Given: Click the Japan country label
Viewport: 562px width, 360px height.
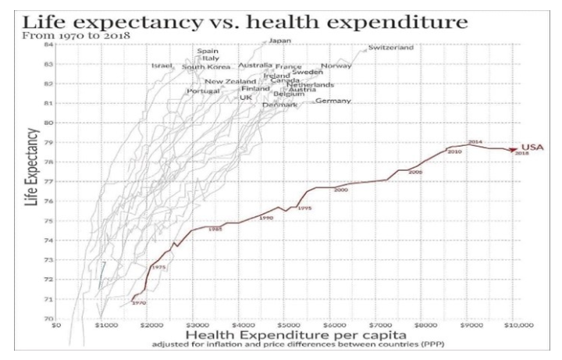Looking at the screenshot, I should point(280,41).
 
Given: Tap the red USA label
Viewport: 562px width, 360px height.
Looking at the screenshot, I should point(533,147).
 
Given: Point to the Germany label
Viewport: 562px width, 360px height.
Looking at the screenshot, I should point(333,101).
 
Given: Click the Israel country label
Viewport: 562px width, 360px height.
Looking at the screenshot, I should point(161,66).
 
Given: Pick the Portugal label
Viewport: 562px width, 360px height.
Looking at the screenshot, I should point(204,91).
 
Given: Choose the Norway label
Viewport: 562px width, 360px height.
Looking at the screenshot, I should point(336,66).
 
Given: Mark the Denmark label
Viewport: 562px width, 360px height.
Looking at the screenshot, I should point(279,105).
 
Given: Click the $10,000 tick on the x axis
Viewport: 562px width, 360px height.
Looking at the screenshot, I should point(515,326).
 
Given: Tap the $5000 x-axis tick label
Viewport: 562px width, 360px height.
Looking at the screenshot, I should point(290,326).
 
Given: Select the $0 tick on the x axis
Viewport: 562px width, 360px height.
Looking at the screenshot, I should point(55,326).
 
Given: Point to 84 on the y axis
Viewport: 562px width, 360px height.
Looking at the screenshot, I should point(48,45).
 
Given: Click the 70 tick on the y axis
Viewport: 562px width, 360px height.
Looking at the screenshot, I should point(48,319).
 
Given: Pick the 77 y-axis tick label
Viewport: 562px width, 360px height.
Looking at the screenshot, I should point(48,181).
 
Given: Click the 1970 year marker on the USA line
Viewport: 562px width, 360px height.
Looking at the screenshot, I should point(140,302).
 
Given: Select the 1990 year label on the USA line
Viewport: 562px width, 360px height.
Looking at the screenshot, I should point(266,218).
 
